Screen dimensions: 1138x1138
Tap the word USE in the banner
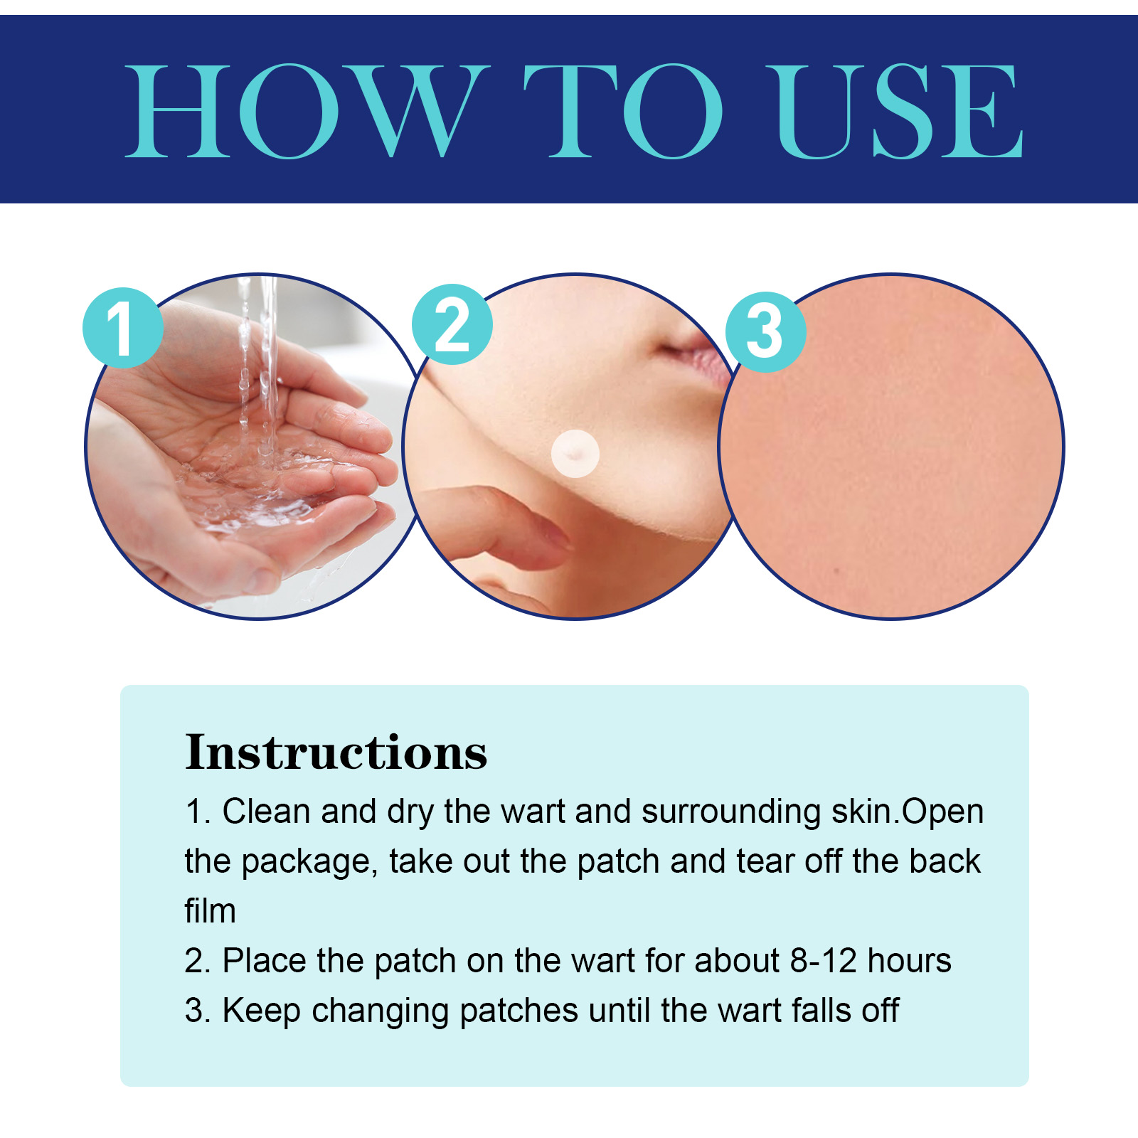(900, 111)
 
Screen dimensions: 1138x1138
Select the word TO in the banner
(624, 111)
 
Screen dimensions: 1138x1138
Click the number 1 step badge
(123, 328)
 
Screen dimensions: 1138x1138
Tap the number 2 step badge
(452, 324)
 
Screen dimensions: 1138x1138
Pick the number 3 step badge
(765, 331)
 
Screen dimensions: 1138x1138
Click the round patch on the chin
(575, 453)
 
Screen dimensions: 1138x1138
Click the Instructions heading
(336, 752)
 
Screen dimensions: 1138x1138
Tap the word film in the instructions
(211, 911)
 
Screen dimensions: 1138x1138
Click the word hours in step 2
(910, 961)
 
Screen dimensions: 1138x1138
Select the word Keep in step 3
(262, 1011)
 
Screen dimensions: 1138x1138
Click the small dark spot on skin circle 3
(837, 570)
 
